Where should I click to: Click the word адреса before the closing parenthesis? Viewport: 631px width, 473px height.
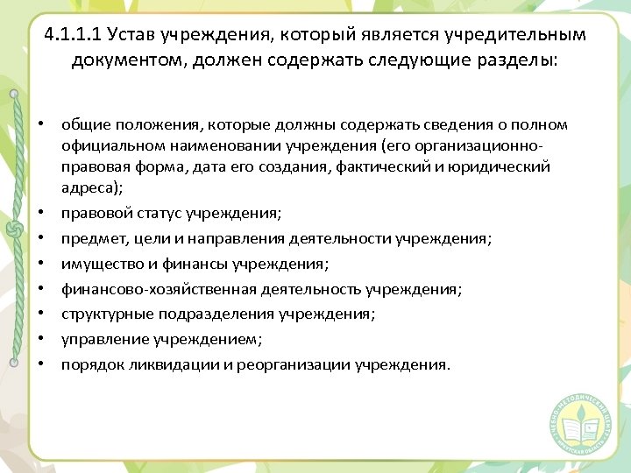pos(87,187)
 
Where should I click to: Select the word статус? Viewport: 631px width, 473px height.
pos(156,213)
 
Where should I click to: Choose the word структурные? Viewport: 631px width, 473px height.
pos(100,314)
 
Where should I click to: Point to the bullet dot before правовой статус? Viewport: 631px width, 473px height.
pos(41,213)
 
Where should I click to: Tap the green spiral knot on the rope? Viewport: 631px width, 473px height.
pos(13,229)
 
